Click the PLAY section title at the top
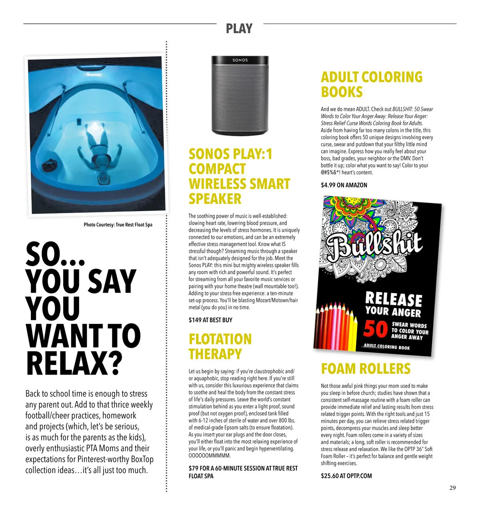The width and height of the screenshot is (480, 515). pyautogui.click(x=239, y=28)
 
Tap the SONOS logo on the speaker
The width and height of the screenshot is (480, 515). pyautogui.click(x=240, y=60)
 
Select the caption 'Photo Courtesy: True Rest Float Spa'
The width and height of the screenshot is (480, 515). pyautogui.click(x=118, y=225)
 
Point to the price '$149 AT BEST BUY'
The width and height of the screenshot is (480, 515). pyautogui.click(x=210, y=320)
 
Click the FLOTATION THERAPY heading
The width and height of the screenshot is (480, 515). pyautogui.click(x=220, y=347)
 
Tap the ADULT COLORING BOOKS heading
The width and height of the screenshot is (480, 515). pyautogui.click(x=372, y=84)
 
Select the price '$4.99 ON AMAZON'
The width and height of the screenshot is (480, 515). pyautogui.click(x=344, y=185)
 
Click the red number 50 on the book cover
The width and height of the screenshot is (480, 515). pyautogui.click(x=375, y=329)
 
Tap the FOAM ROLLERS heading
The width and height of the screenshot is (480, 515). pyautogui.click(x=366, y=369)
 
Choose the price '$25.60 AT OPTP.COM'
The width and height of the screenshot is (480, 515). pyautogui.click(x=346, y=476)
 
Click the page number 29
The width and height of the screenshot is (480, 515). pyautogui.click(x=452, y=487)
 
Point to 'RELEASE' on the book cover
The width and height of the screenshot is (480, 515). pyautogui.click(x=394, y=299)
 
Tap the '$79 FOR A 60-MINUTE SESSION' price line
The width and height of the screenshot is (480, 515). pyautogui.click(x=243, y=468)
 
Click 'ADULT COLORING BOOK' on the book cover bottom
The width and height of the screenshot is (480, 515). pyautogui.click(x=387, y=347)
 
